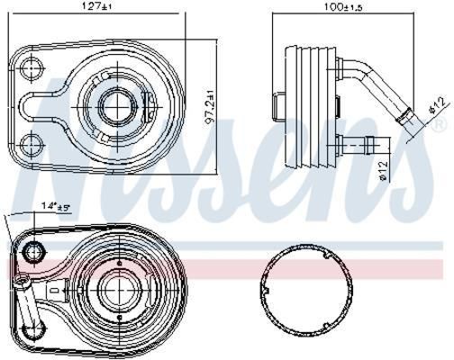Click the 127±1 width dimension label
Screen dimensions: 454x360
[x=95, y=6]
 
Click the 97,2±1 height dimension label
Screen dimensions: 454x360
[x=209, y=106]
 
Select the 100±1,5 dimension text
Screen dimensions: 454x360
[x=343, y=6]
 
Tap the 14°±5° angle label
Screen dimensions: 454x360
[x=56, y=206]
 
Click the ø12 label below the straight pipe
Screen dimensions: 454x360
[x=384, y=171]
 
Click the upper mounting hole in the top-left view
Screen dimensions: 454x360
[x=32, y=67]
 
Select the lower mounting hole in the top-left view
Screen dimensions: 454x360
[x=32, y=145]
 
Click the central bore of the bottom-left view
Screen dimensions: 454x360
[x=120, y=290]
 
